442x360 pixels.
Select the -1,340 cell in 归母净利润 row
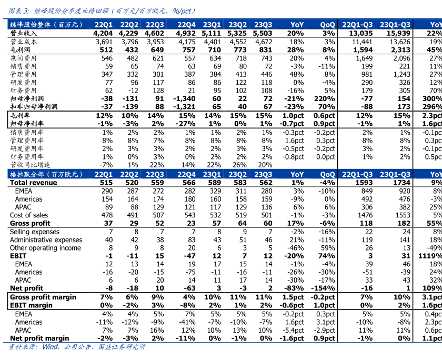pos(185,98)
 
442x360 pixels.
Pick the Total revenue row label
pos(33,183)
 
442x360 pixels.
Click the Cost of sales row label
pos(29,215)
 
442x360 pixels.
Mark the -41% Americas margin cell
pos(187,322)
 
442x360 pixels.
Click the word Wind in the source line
pos(51,347)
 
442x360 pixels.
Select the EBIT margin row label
pos(31,305)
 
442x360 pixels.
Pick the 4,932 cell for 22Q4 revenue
pos(186,33)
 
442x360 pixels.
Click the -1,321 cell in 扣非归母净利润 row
pos(185,107)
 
